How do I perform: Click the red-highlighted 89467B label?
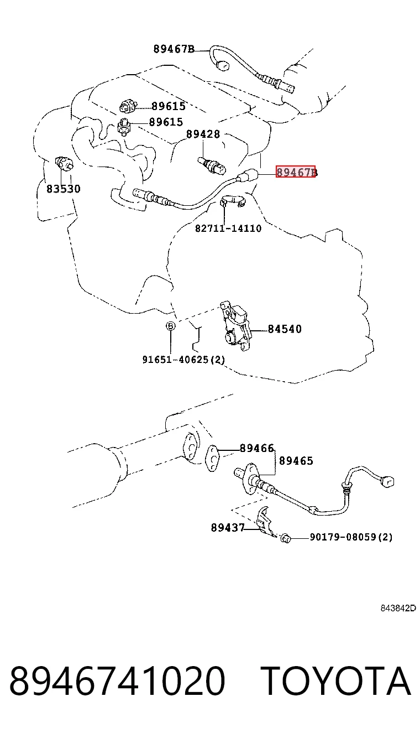296,171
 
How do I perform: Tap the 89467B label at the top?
174,49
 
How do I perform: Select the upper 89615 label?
169,106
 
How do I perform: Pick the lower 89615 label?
166,122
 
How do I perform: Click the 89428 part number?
203,134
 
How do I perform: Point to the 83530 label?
64,189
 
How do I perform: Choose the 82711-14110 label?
228,228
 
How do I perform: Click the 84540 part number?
285,329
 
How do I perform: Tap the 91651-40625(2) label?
183,360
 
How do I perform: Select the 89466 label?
257,448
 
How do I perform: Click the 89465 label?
296,461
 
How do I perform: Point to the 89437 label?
228,527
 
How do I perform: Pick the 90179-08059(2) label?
351,537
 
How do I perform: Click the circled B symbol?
171,326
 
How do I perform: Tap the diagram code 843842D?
398,608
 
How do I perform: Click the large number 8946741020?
117,680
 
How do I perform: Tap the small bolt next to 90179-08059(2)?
286,539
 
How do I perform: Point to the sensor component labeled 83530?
64,163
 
